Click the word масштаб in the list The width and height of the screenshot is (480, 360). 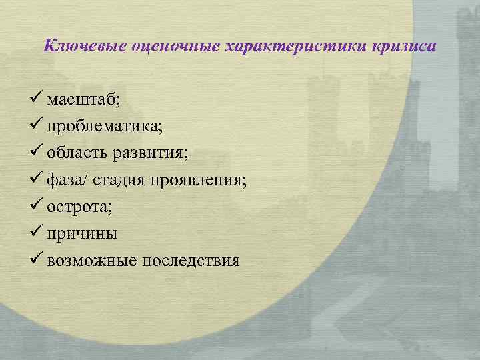point(81,100)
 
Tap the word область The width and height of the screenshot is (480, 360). point(77,153)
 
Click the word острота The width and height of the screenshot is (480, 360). point(79,207)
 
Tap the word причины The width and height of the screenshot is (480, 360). point(82,233)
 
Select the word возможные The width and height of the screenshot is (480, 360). point(91,260)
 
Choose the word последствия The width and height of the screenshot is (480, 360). point(190,260)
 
